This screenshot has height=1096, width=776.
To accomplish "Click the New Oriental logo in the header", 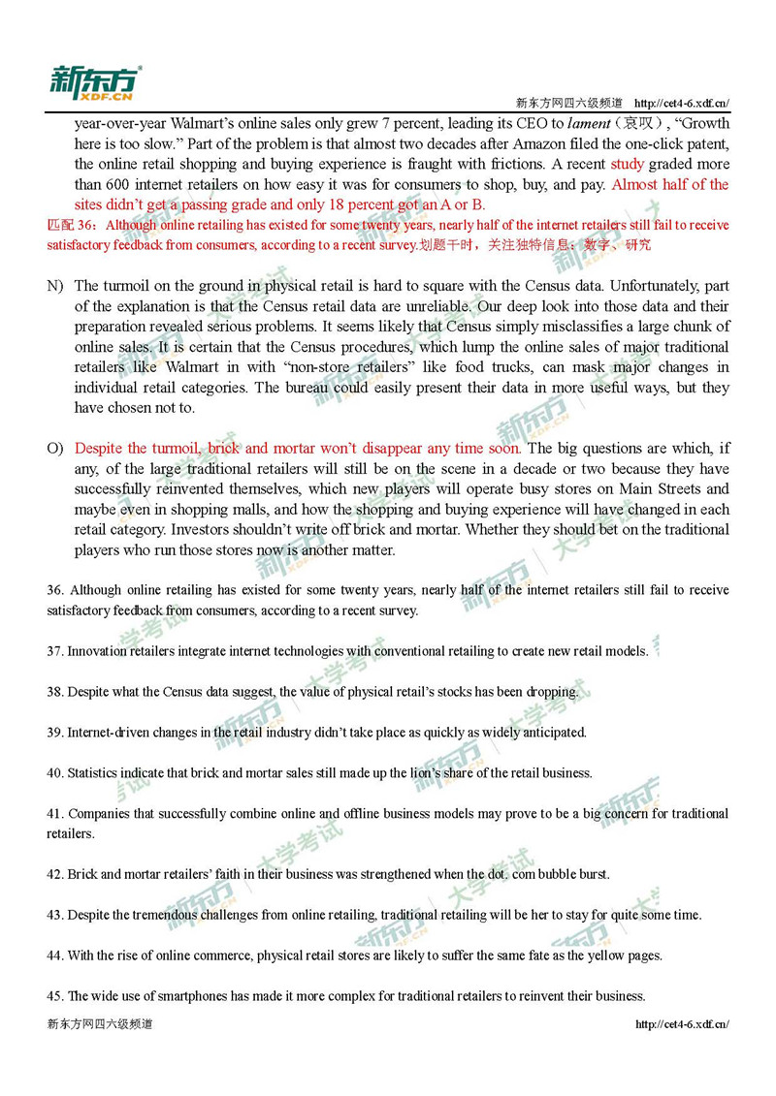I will [95, 82].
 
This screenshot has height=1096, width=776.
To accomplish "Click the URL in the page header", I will [681, 103].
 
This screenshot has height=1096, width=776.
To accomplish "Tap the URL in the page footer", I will [682, 1023].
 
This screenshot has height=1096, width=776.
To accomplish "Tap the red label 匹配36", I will [72, 225].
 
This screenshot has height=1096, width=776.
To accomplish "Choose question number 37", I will [54, 651].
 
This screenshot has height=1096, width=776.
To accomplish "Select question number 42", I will [54, 874].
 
